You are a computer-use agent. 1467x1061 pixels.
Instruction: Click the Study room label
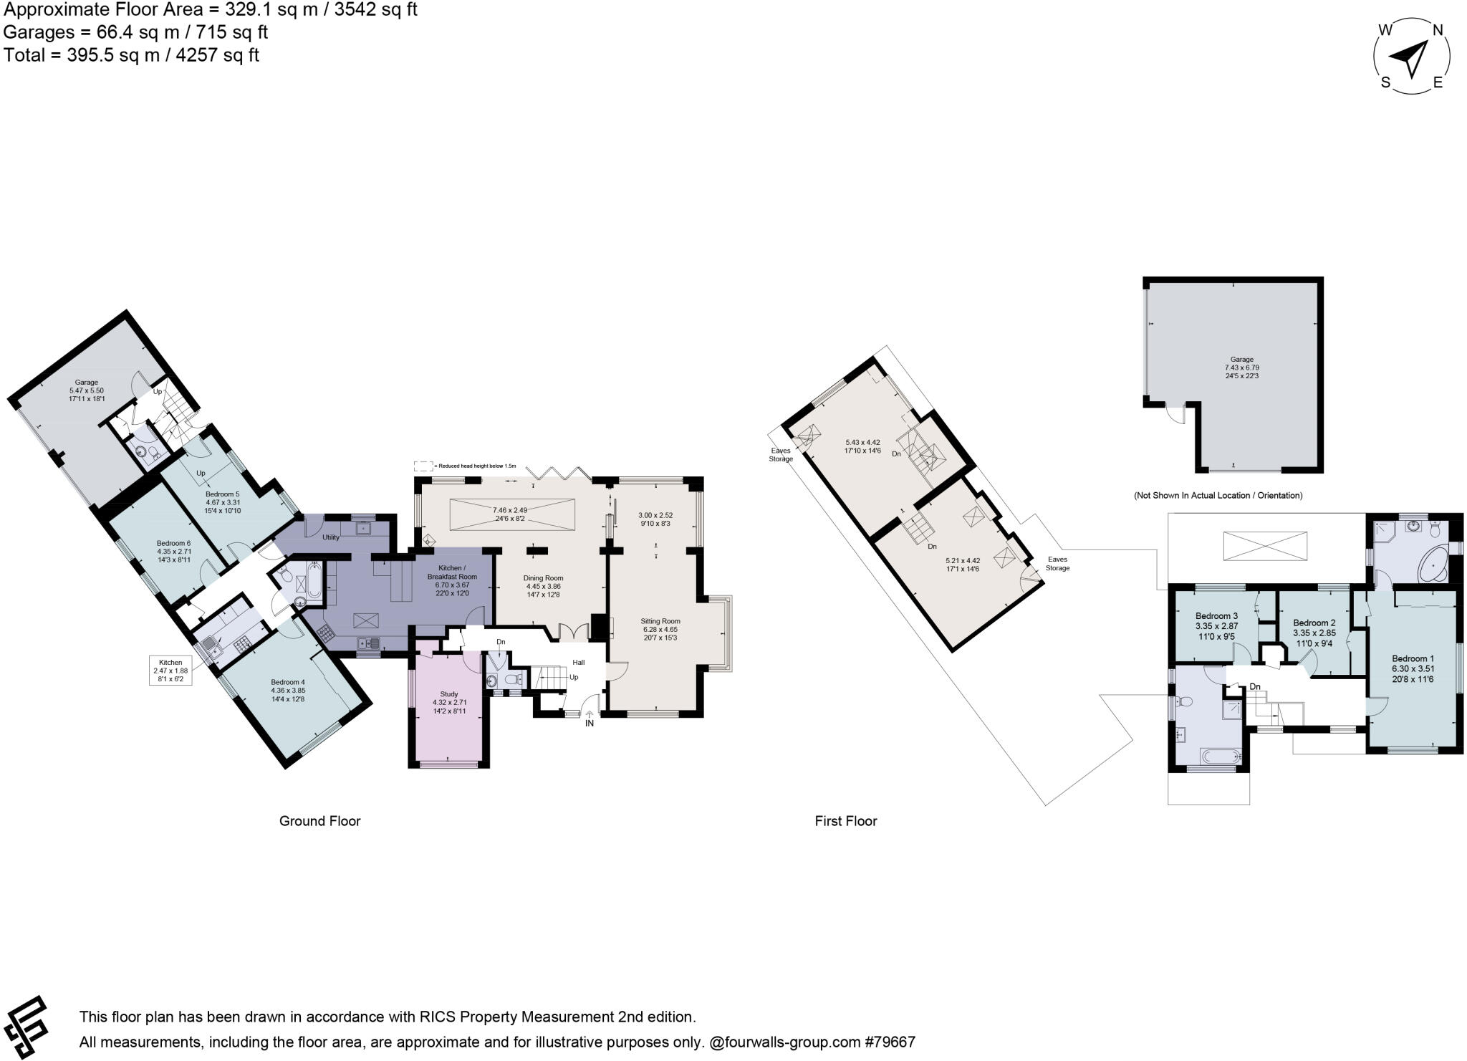[449, 694]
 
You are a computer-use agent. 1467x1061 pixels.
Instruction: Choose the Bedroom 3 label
[1216, 616]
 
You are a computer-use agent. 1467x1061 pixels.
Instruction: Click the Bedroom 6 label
[173, 543]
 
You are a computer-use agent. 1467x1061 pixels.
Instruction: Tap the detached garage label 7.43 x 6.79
[1241, 368]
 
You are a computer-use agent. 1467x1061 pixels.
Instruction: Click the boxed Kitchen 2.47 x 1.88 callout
[170, 670]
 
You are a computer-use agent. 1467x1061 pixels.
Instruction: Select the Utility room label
[331, 537]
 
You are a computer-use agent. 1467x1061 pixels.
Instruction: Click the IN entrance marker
[590, 724]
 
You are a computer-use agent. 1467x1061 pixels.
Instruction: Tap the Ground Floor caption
[319, 821]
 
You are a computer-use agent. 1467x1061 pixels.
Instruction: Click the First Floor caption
[845, 821]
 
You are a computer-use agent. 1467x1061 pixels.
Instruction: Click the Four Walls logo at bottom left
[27, 1026]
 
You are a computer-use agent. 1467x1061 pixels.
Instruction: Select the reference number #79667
[888, 1042]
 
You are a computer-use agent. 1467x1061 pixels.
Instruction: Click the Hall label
[578, 663]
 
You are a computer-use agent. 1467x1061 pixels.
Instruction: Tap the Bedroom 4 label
[288, 682]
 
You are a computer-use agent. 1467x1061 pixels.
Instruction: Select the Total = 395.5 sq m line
[131, 55]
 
